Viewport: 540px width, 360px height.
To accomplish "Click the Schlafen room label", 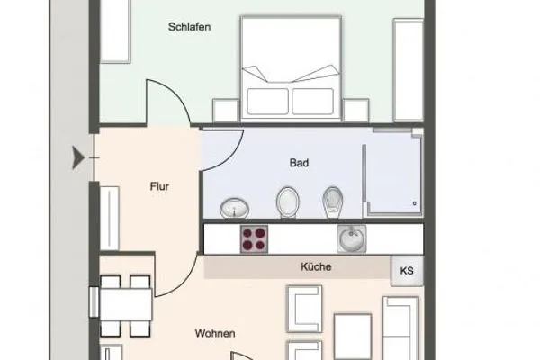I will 189,27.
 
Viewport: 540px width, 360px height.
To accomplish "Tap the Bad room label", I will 299,165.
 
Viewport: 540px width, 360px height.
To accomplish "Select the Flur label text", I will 160,188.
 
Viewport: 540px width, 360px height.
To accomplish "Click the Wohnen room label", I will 215,334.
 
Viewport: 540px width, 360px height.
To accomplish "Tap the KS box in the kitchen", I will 406,269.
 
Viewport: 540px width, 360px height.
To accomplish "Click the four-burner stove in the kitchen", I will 255,238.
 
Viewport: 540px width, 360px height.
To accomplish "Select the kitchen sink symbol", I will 350,238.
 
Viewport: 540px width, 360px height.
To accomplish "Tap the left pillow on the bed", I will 267,100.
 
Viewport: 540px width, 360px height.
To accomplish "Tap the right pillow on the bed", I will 312,100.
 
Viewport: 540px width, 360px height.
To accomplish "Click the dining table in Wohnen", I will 125,302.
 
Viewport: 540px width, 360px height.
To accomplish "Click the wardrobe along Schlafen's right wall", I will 408,67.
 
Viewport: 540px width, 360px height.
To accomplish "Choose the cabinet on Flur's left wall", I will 110,218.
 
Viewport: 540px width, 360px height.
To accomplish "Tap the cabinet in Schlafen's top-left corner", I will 115,31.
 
